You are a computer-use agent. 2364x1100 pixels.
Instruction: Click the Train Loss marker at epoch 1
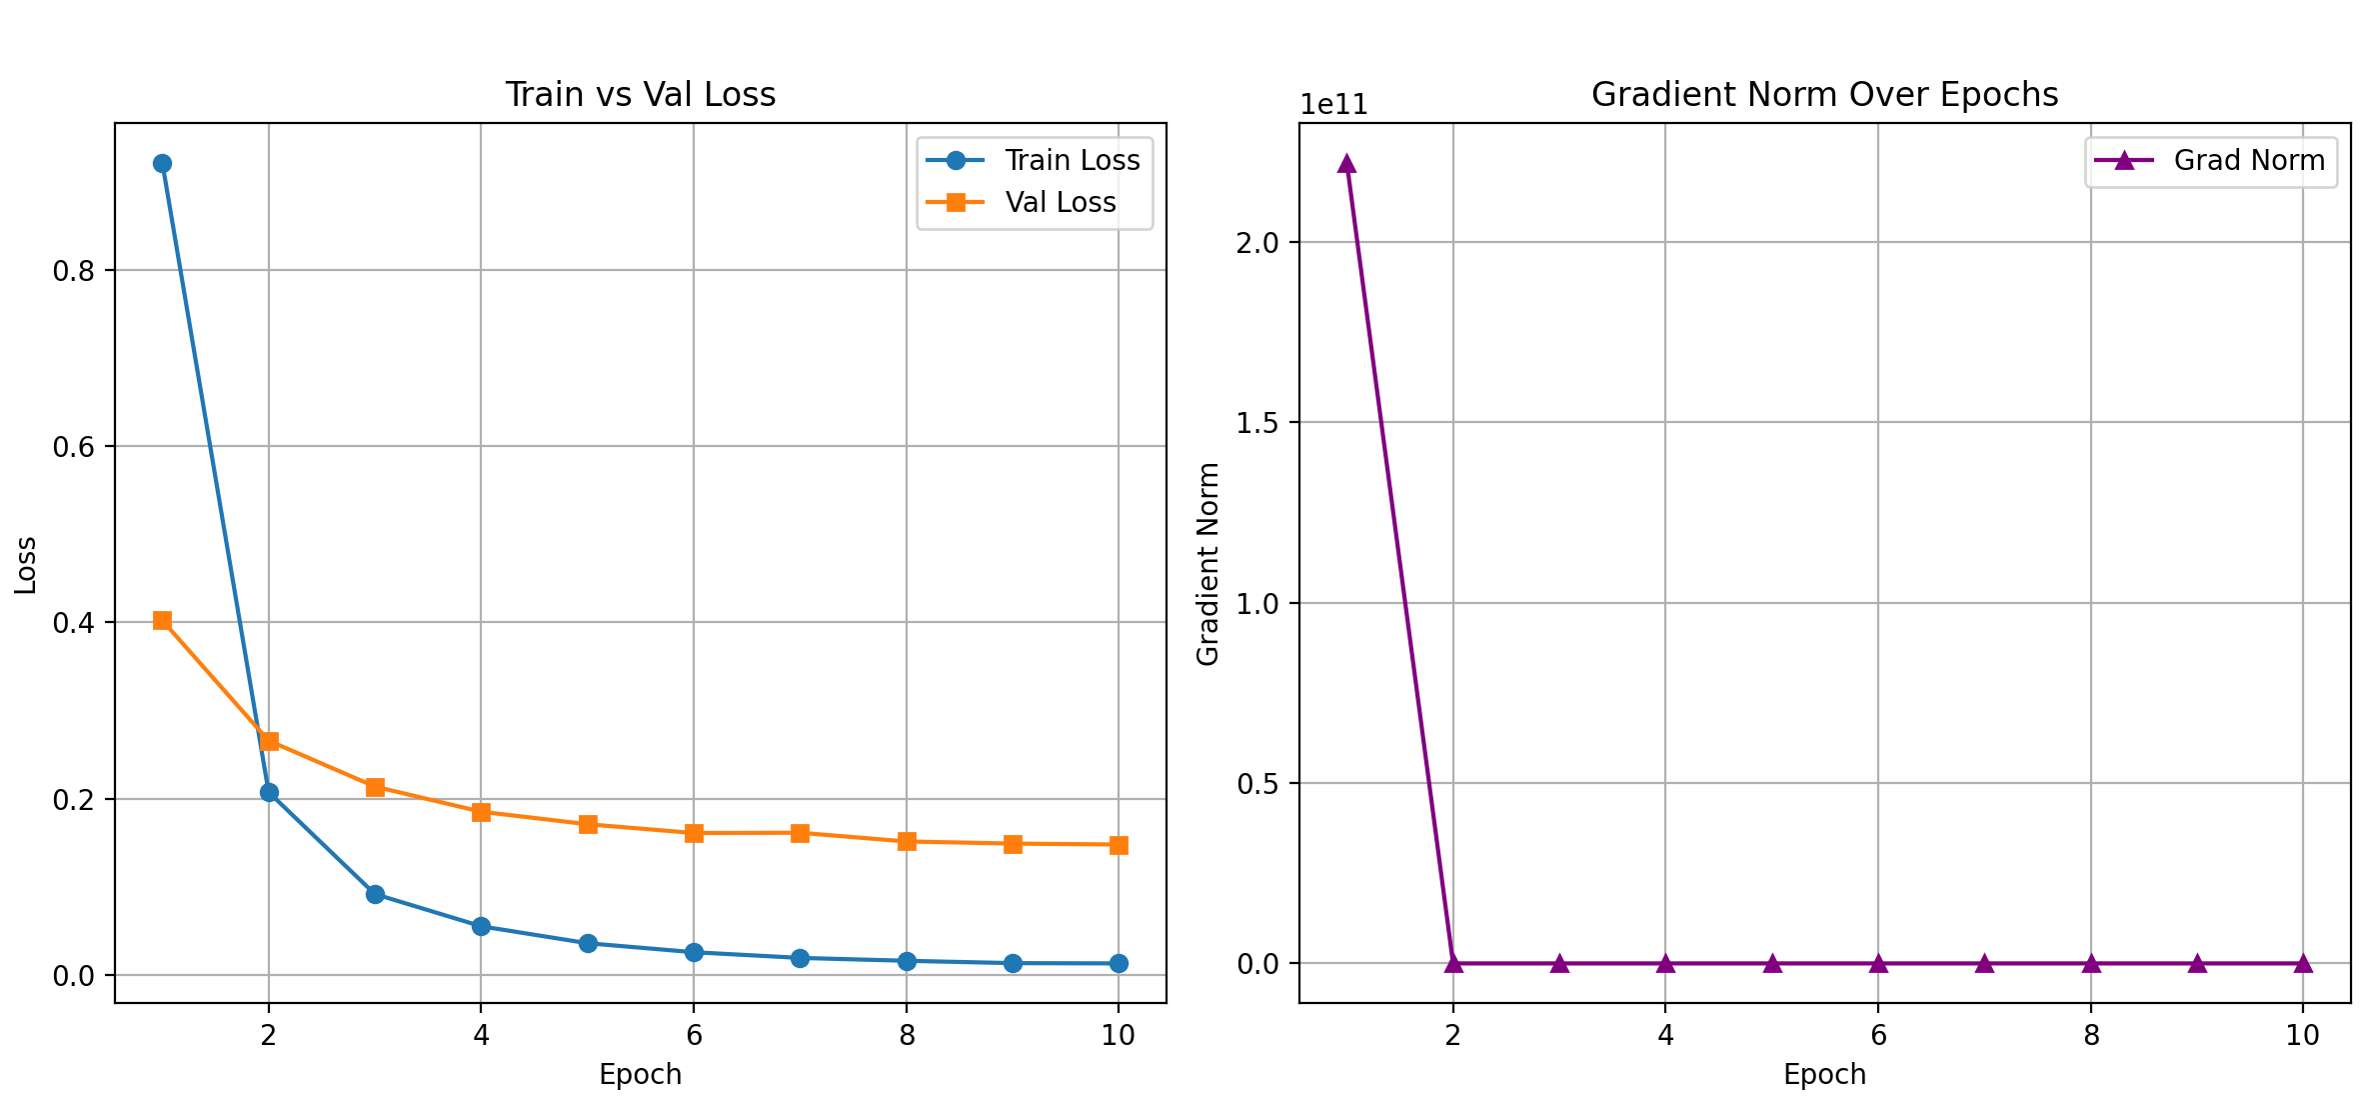pyautogui.click(x=162, y=163)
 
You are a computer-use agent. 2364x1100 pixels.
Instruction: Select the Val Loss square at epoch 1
pyautogui.click(x=162, y=621)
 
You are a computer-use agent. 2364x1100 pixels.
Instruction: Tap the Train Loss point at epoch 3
pyautogui.click(x=375, y=894)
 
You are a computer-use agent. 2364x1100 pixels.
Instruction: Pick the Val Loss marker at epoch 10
pyautogui.click(x=1119, y=845)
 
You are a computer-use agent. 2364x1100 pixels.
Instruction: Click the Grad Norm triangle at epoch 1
pyautogui.click(x=1346, y=163)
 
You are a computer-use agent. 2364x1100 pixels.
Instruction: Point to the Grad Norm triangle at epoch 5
pyautogui.click(x=1772, y=963)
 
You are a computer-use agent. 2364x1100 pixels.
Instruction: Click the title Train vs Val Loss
pyautogui.click(x=640, y=94)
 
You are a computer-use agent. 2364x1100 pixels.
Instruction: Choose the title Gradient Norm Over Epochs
pyautogui.click(x=1824, y=94)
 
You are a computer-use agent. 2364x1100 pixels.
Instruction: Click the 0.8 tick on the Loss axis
pyautogui.click(x=73, y=271)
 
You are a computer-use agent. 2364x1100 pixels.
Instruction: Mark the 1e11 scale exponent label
pyautogui.click(x=1333, y=105)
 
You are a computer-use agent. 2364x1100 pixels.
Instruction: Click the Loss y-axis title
pyautogui.click(x=26, y=565)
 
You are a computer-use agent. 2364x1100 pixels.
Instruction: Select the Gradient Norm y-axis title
pyautogui.click(x=1208, y=564)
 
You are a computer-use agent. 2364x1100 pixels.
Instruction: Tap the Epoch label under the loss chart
pyautogui.click(x=640, y=1074)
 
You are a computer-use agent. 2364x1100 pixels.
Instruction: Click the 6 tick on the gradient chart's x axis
pyautogui.click(x=1878, y=1035)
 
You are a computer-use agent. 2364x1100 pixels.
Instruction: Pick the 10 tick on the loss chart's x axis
pyautogui.click(x=1119, y=1035)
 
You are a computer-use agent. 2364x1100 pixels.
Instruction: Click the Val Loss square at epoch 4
pyautogui.click(x=481, y=812)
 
